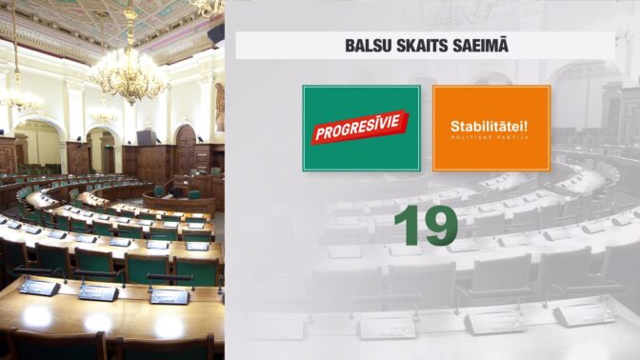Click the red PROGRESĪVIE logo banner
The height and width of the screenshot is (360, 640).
coord(360,127)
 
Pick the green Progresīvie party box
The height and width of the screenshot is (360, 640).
coord(361,129)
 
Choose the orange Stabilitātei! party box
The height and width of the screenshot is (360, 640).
coord(491,129)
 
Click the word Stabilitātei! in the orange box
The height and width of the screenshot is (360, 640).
coord(489,126)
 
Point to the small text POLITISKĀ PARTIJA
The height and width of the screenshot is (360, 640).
coord(490,138)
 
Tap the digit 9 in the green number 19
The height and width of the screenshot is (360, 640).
coord(440,226)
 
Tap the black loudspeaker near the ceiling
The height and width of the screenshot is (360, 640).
coord(216,34)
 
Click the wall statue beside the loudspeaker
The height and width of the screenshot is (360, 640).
coord(220,107)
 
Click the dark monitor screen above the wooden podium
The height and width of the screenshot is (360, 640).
coord(146,137)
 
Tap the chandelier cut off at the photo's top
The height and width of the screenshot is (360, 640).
coord(209,9)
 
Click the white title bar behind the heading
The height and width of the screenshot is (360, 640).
coord(426,46)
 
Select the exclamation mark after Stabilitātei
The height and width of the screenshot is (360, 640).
coord(526,126)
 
